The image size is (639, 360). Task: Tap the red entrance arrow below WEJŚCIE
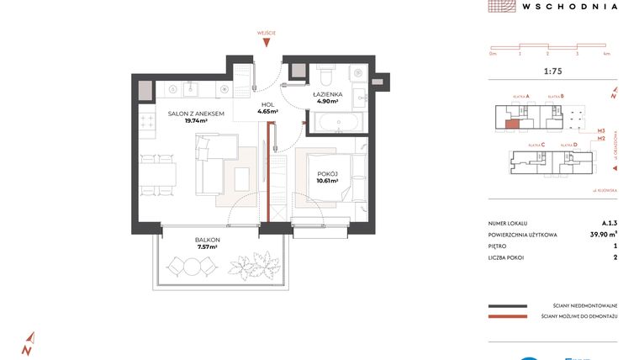tap(267, 43)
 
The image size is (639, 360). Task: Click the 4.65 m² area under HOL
tap(267, 111)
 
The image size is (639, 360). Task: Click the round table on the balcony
tap(193, 266)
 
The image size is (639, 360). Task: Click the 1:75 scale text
tap(553, 71)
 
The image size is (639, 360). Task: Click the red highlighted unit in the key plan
tap(512, 124)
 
